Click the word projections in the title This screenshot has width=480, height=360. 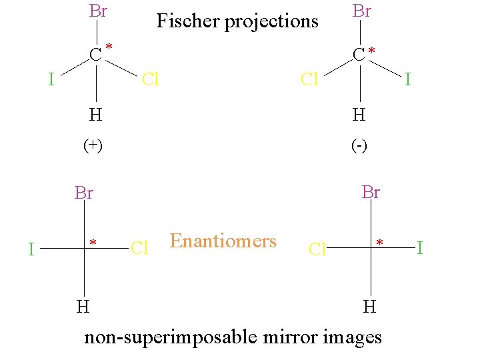coord(271,22)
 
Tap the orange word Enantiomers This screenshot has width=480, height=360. coord(223,241)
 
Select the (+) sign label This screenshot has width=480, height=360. coord(93,145)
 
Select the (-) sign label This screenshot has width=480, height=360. coord(359,145)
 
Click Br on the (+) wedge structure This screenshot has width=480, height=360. coord(98,11)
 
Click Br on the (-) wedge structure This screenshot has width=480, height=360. coord(361,11)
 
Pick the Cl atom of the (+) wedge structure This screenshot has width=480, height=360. coord(150,80)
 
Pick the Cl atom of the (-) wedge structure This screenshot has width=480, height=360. coord(309,80)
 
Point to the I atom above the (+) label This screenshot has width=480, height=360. coord(51,80)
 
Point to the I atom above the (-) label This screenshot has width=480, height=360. coord(408,80)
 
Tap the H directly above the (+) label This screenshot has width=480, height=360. coord(96,115)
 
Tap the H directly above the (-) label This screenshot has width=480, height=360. coord(359,115)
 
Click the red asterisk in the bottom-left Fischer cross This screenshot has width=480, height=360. coord(94,243)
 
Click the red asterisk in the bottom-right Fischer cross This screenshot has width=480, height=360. coord(379,243)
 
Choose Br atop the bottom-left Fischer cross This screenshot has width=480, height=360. coord(84,193)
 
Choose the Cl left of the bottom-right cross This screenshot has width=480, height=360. coord(317,250)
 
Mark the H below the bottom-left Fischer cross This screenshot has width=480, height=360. coord(83,307)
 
